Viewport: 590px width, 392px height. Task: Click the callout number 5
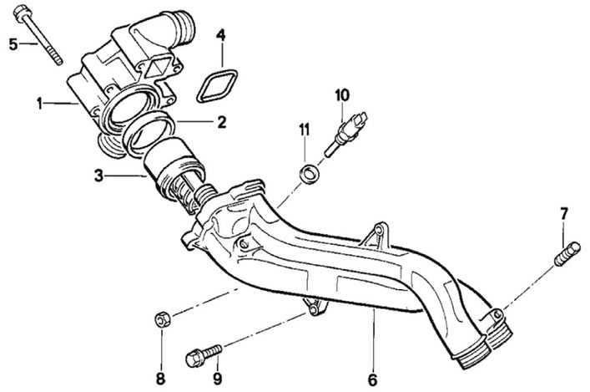(13, 44)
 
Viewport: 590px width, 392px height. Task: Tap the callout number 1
(39, 104)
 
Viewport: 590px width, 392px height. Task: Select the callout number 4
(221, 35)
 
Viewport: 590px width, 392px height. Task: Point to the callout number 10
(342, 95)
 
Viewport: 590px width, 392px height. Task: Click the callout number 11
(304, 130)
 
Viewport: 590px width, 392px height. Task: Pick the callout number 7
(563, 214)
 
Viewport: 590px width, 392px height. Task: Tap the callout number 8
(161, 379)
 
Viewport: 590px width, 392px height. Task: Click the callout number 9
(218, 379)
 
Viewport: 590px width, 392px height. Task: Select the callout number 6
(372, 379)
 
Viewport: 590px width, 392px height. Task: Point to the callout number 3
(98, 176)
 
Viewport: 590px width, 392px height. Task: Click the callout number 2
(222, 122)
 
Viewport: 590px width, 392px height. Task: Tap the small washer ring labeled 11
(310, 174)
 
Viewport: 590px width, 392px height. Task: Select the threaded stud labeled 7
(567, 254)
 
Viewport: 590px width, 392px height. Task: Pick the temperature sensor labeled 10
(345, 133)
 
